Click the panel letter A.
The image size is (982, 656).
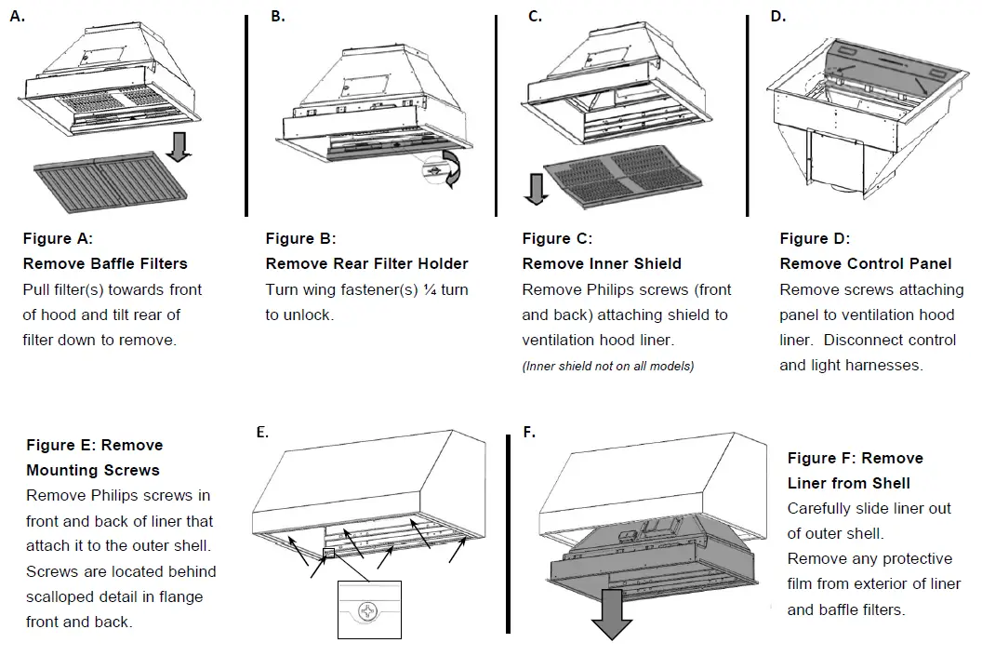tap(17, 15)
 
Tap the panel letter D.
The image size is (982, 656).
tap(778, 16)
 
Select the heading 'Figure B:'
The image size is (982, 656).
tap(300, 239)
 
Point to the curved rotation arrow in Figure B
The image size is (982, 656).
tap(455, 167)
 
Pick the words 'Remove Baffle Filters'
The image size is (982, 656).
tap(105, 264)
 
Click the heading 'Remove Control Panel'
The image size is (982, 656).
tap(866, 264)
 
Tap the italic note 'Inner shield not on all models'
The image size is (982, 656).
tap(608, 366)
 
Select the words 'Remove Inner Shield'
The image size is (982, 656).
tap(602, 264)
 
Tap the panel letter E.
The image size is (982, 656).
tap(262, 432)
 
